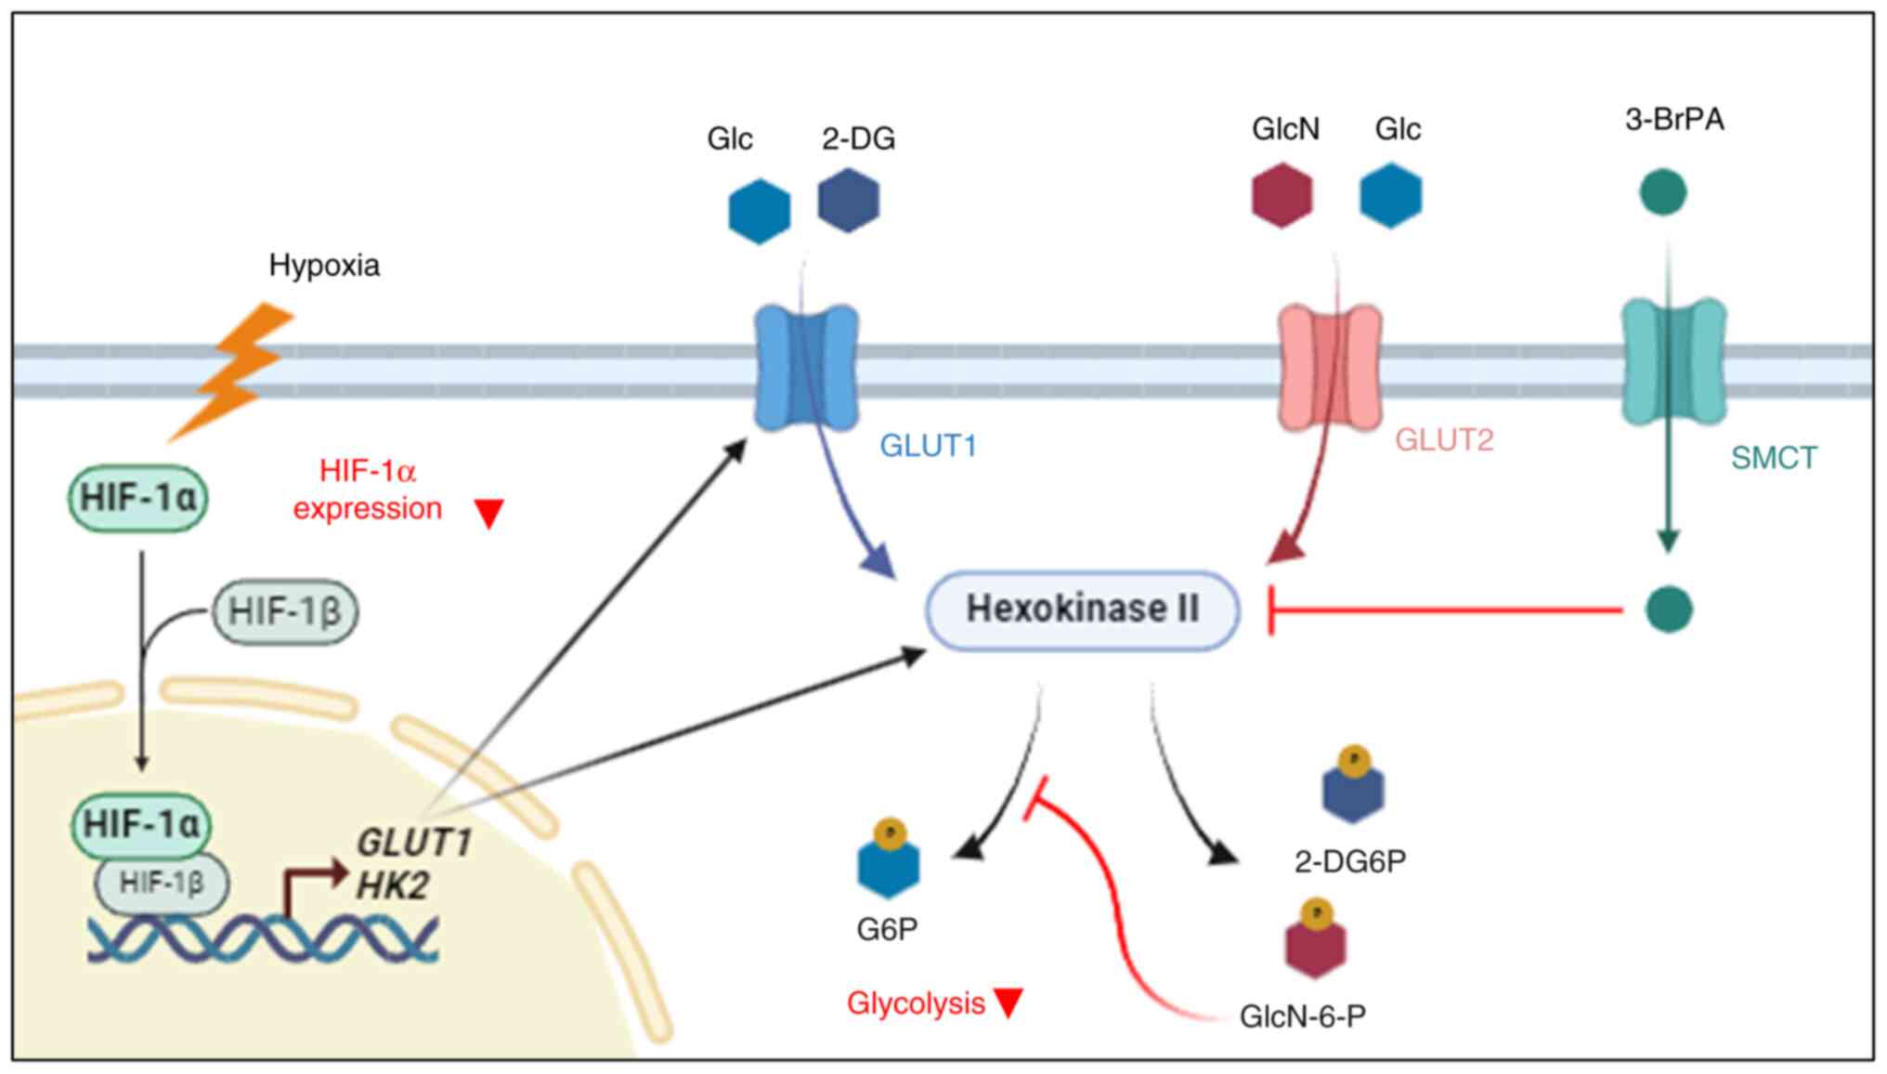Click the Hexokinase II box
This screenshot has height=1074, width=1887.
[1082, 609]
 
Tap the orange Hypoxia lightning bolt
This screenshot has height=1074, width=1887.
[237, 372]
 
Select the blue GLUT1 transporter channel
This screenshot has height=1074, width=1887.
[805, 368]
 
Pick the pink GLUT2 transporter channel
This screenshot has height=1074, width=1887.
[1330, 368]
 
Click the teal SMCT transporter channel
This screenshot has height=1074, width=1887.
[1673, 362]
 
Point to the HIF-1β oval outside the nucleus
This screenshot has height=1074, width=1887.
[285, 611]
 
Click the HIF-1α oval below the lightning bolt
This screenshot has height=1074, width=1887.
[138, 499]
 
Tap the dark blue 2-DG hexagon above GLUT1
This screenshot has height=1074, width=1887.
[849, 200]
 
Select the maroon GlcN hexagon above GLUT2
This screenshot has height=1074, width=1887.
[1282, 195]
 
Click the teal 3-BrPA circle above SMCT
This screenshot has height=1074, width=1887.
[1663, 192]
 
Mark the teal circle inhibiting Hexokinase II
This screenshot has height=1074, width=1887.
[1669, 609]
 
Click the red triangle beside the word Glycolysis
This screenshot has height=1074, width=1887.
[1009, 1002]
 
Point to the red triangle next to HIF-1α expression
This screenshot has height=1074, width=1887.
[489, 513]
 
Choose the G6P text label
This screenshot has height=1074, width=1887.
[887, 929]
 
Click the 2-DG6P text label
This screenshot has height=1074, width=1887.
[1349, 861]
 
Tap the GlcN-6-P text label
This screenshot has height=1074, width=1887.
[1302, 1016]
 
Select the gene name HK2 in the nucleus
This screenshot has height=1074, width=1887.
[393, 885]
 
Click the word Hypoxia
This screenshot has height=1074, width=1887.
[324, 266]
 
